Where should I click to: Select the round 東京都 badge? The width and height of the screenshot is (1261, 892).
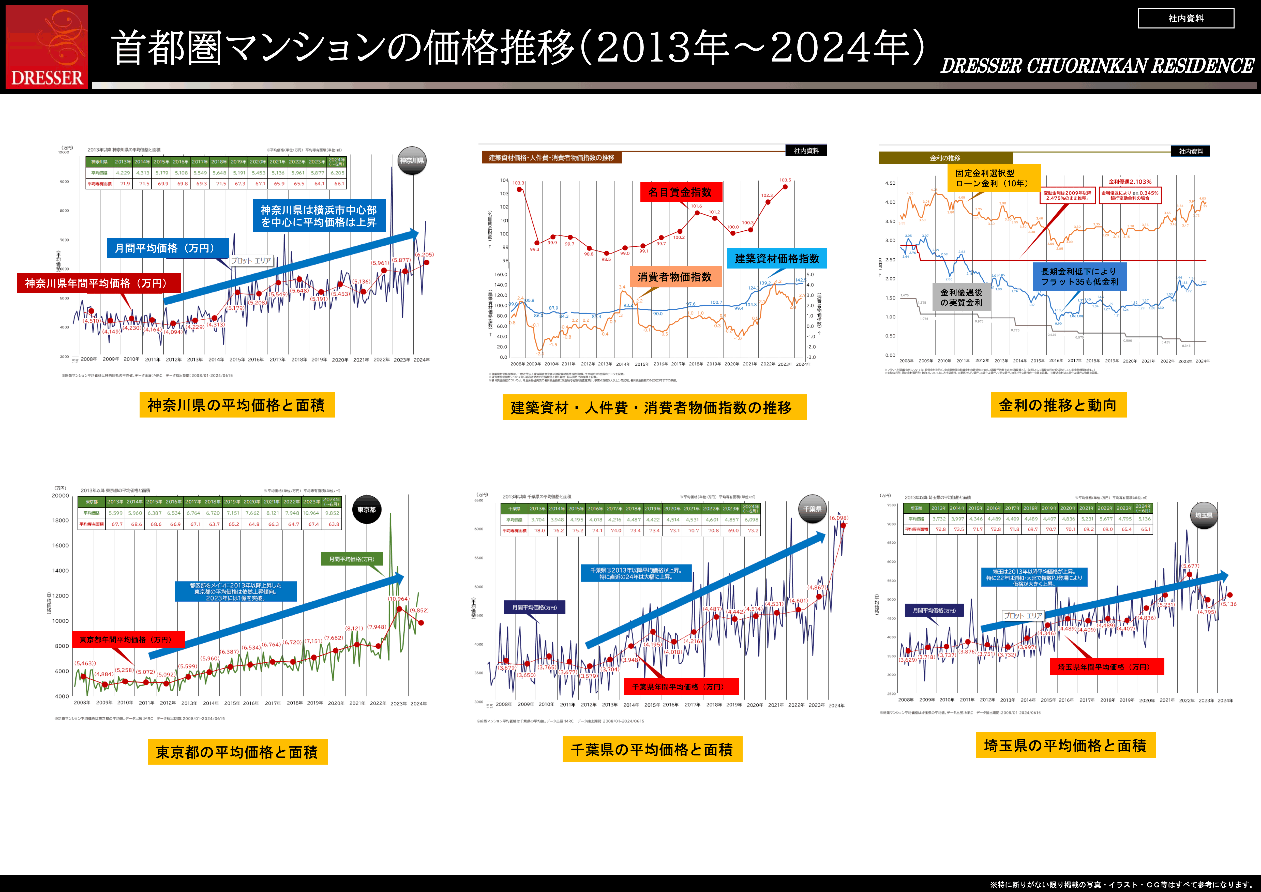pyautogui.click(x=366, y=510)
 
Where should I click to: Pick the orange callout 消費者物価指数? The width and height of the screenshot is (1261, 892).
pyautogui.click(x=674, y=277)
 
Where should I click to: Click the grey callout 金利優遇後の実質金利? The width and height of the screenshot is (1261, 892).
pyautogui.click(x=961, y=297)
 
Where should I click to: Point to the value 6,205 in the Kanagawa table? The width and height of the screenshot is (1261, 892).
pyautogui.click(x=337, y=173)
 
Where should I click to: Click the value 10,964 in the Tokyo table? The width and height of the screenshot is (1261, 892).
pyautogui.click(x=311, y=513)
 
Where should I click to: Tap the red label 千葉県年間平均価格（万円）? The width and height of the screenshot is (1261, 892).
pyautogui.click(x=681, y=687)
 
